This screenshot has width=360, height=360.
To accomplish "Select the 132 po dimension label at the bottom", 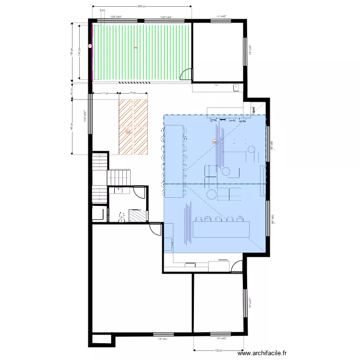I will [219, 350].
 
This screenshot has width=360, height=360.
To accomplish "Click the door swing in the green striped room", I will [187, 75].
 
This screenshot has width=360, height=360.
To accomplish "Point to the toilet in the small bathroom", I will [121, 217].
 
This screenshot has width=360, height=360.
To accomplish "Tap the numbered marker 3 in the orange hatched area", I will [128, 132].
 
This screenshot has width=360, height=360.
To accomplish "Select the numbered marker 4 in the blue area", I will [214, 142].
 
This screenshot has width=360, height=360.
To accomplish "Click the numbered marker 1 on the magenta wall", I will [90, 46].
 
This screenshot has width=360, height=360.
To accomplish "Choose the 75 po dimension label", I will [133, 93].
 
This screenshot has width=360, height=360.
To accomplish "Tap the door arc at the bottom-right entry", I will [237, 266].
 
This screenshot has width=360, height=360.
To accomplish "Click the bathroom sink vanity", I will [118, 191].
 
